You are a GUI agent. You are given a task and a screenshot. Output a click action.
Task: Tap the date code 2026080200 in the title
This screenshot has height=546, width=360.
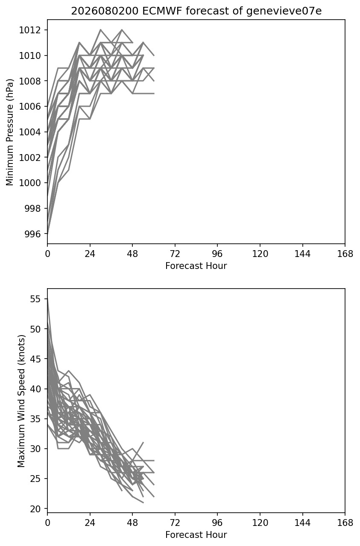(x=105, y=11)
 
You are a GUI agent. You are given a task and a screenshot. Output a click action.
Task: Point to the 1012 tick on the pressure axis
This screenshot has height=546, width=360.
(x=30, y=30)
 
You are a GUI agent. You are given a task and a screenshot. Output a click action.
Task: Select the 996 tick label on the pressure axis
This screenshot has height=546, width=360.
(x=33, y=234)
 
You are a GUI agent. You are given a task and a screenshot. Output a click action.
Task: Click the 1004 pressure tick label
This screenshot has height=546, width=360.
(x=30, y=132)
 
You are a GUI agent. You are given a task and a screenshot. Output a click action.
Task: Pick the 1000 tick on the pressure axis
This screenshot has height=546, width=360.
(x=30, y=183)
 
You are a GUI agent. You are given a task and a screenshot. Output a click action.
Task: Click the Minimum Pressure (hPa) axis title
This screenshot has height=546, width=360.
(x=10, y=132)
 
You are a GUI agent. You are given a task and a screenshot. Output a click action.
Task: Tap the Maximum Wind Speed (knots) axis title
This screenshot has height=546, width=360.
(x=21, y=401)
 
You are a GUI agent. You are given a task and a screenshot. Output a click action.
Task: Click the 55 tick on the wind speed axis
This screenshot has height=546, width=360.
(x=35, y=299)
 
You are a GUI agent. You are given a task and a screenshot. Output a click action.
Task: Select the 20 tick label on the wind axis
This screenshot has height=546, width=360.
(x=35, y=509)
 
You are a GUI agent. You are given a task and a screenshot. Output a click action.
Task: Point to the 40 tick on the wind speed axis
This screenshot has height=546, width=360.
(x=35, y=389)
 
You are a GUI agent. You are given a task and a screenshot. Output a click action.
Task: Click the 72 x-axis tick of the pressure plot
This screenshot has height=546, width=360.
(x=175, y=254)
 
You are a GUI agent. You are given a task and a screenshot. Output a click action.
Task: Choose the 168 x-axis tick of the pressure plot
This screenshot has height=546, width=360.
(x=345, y=254)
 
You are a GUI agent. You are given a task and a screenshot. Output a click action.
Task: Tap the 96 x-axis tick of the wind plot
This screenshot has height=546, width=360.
(x=217, y=523)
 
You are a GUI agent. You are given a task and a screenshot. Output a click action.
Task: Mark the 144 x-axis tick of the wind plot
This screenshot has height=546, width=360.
(x=302, y=523)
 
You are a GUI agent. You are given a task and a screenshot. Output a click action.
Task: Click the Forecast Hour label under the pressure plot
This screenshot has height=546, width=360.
(x=196, y=266)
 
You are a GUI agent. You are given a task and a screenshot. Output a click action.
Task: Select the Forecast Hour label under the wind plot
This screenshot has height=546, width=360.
(x=196, y=535)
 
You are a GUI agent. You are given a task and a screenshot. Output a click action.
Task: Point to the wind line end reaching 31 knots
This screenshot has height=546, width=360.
(x=143, y=442)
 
